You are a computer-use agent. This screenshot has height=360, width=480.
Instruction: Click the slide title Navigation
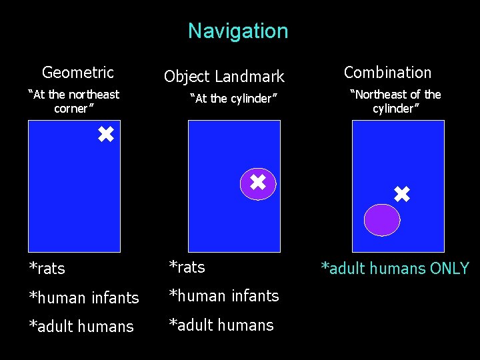238,31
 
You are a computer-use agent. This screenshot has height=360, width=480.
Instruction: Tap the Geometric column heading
77,72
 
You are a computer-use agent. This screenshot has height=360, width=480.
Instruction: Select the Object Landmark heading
224,77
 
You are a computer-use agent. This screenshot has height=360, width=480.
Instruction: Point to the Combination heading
387,72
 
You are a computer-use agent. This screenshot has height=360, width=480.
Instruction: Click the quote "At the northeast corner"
73,101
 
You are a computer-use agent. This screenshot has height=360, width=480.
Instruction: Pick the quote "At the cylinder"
233,99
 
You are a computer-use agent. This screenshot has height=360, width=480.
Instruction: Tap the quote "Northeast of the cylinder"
395,101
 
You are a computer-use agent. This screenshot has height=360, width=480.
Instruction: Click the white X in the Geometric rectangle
105,135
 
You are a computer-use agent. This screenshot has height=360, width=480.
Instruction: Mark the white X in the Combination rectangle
401,195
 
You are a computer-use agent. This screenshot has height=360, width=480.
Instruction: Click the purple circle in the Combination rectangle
381,220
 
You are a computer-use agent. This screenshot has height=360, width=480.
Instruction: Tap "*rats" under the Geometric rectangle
47,269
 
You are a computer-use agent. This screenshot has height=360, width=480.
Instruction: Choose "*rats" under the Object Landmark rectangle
187,267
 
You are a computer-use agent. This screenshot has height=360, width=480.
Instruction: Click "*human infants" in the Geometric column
83,298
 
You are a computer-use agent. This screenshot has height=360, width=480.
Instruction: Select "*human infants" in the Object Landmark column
223,296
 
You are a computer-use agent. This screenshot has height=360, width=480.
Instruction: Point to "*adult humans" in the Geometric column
81,327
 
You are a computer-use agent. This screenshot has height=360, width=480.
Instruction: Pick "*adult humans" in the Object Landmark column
221,325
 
